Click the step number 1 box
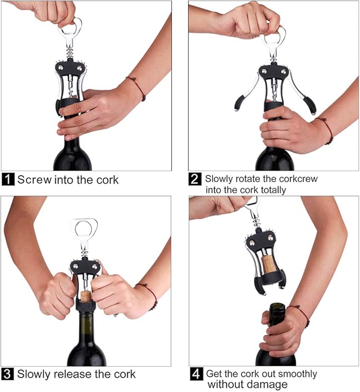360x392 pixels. tap(8, 179)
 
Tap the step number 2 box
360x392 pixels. tap(196, 179)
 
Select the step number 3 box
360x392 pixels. tap(8, 374)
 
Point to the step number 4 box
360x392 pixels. tap(196, 374)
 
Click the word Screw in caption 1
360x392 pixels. tap(34, 179)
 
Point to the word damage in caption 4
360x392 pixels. tap(268, 385)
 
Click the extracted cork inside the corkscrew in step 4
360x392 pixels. tap(270, 264)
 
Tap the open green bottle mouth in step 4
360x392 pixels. tap(276, 307)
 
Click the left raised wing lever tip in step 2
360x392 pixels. tap(240, 103)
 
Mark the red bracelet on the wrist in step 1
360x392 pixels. tap(137, 88)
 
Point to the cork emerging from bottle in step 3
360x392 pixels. tap(85, 294)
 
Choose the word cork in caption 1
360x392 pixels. tap(107, 179)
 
